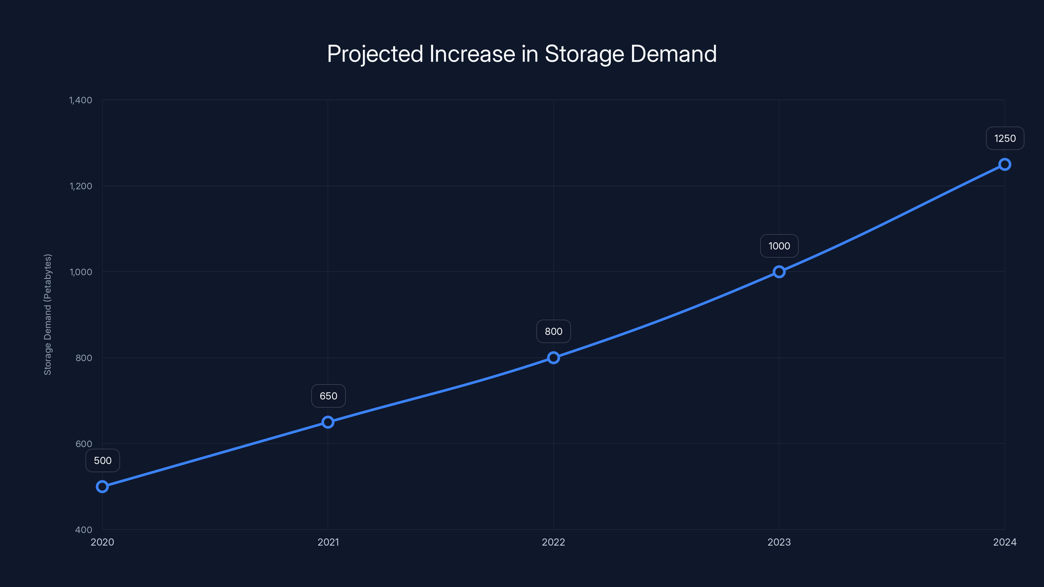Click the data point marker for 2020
pyautogui.click(x=102, y=487)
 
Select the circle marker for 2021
pyautogui.click(x=328, y=422)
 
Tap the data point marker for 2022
pyautogui.click(x=553, y=358)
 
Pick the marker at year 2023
pyautogui.click(x=779, y=272)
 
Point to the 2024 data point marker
pyautogui.click(x=1005, y=164)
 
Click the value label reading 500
pyautogui.click(x=102, y=460)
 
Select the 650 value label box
pyautogui.click(x=328, y=396)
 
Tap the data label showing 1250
pyautogui.click(x=1005, y=139)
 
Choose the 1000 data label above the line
pyautogui.click(x=779, y=246)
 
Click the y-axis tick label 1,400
pyautogui.click(x=81, y=100)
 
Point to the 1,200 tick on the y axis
pyautogui.click(x=81, y=186)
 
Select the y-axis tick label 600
pyautogui.click(x=84, y=444)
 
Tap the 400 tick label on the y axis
pyautogui.click(x=84, y=530)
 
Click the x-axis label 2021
pyautogui.click(x=328, y=542)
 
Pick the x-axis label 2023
pyautogui.click(x=779, y=542)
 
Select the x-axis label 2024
pyautogui.click(x=1005, y=542)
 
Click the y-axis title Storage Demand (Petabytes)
pyautogui.click(x=48, y=314)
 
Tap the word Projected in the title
pyautogui.click(x=375, y=54)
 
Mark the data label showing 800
pyautogui.click(x=553, y=331)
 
